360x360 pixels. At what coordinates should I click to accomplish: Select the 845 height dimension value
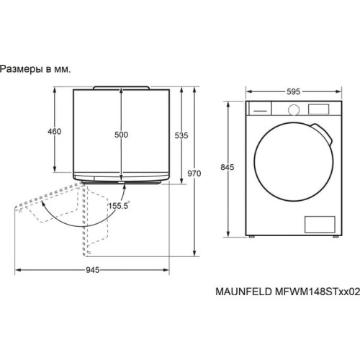pyautogui.click(x=228, y=168)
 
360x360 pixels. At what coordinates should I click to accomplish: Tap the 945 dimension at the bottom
pyautogui.click(x=91, y=270)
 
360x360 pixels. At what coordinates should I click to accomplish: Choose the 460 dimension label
pyautogui.click(x=54, y=132)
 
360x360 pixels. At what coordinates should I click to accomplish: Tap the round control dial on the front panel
pyautogui.click(x=293, y=109)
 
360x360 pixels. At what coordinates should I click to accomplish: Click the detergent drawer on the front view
pyautogui.click(x=259, y=109)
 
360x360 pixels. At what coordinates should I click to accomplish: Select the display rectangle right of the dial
pyautogui.click(x=317, y=109)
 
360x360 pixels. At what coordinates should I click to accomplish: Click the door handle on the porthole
pyautogui.click(x=328, y=138)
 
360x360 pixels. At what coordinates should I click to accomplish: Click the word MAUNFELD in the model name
pyautogui.click(x=242, y=293)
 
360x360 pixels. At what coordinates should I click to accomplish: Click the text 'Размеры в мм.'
pyautogui.click(x=36, y=69)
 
